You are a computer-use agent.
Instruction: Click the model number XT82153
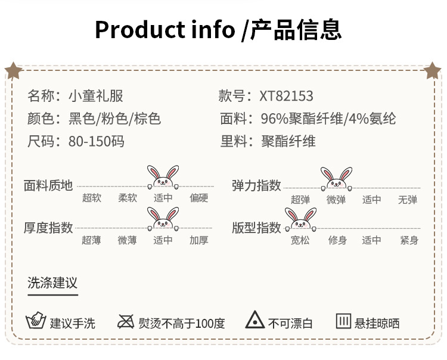point(286,97)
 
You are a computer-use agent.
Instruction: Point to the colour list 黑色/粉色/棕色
point(115,119)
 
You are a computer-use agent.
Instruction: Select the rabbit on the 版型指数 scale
point(300,219)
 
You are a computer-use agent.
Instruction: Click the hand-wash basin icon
point(36,321)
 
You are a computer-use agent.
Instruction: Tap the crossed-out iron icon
point(126,322)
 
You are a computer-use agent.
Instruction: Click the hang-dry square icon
point(343,321)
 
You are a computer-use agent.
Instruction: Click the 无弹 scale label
point(408,200)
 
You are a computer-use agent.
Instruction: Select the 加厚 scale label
point(198,241)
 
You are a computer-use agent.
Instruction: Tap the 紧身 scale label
point(409,241)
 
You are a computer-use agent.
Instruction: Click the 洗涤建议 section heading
point(52,282)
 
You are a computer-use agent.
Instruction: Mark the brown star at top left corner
point(13,71)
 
